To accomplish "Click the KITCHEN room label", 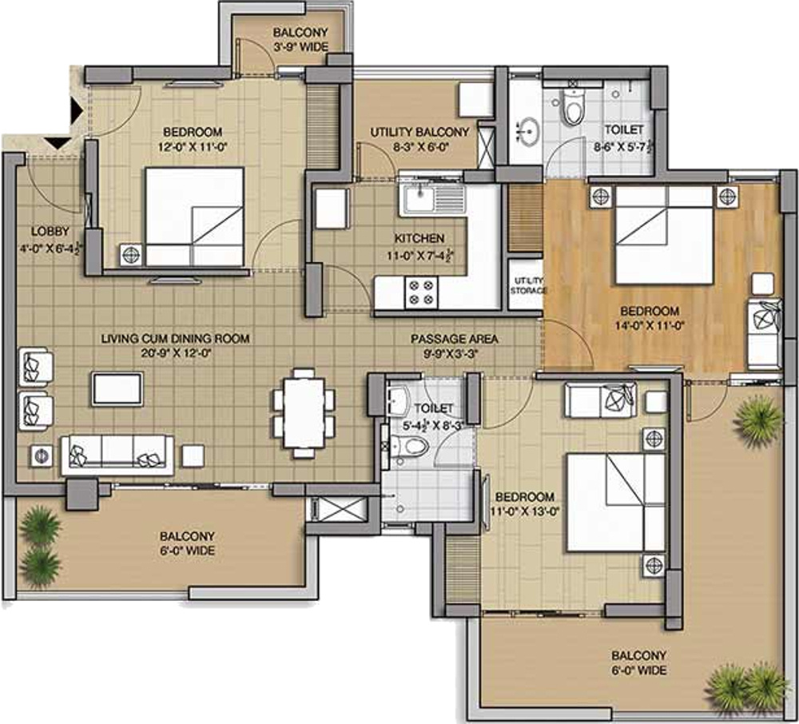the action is point(419,238).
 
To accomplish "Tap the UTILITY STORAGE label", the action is point(528,286).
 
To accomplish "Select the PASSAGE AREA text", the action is point(455,338).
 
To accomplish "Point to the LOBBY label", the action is point(50,231).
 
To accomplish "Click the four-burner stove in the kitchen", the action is point(421,292).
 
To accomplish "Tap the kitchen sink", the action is point(432,200).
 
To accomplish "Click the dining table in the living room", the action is point(304,412).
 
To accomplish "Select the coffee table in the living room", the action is point(117,389).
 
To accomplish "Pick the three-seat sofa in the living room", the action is point(117,455).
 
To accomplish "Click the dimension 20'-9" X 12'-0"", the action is point(175,352).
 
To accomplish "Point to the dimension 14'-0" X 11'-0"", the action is point(650,325).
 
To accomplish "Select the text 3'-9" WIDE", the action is point(301,47).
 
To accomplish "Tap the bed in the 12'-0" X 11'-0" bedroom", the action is point(195,217).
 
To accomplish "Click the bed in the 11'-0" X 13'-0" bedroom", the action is point(616,503).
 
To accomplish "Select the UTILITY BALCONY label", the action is point(419,132).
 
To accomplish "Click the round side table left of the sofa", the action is point(42,455).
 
